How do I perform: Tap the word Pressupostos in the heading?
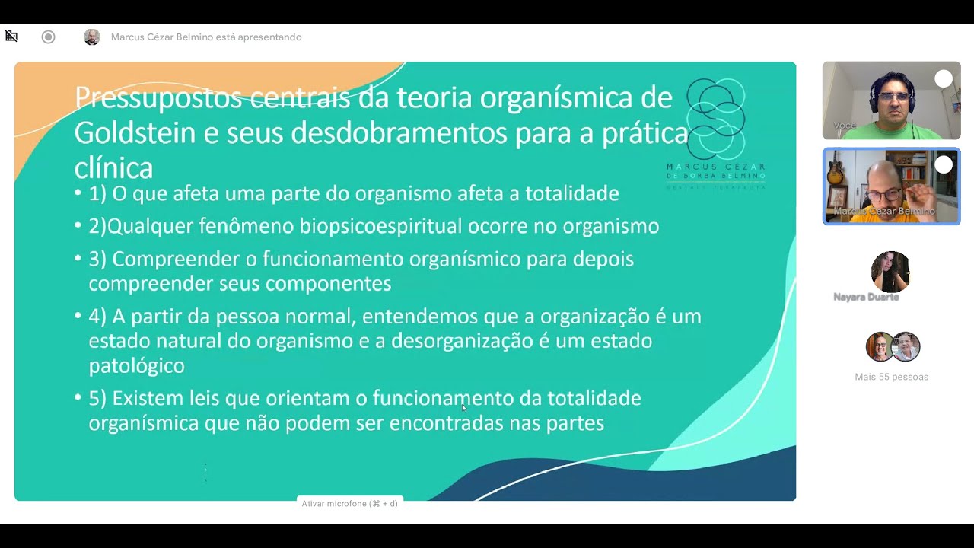(x=158, y=97)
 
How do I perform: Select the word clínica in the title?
(x=113, y=167)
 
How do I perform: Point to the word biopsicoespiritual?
(x=380, y=226)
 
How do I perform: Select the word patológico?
(x=137, y=365)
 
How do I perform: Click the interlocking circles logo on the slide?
(x=715, y=118)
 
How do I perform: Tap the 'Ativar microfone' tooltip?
(x=349, y=504)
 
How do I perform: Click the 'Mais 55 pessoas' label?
(x=891, y=377)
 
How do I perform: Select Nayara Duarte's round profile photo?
(x=890, y=272)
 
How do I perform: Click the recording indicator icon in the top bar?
(x=49, y=37)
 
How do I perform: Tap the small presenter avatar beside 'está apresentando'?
(x=92, y=37)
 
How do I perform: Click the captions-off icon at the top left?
(x=11, y=37)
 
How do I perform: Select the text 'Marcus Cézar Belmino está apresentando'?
(x=206, y=37)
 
